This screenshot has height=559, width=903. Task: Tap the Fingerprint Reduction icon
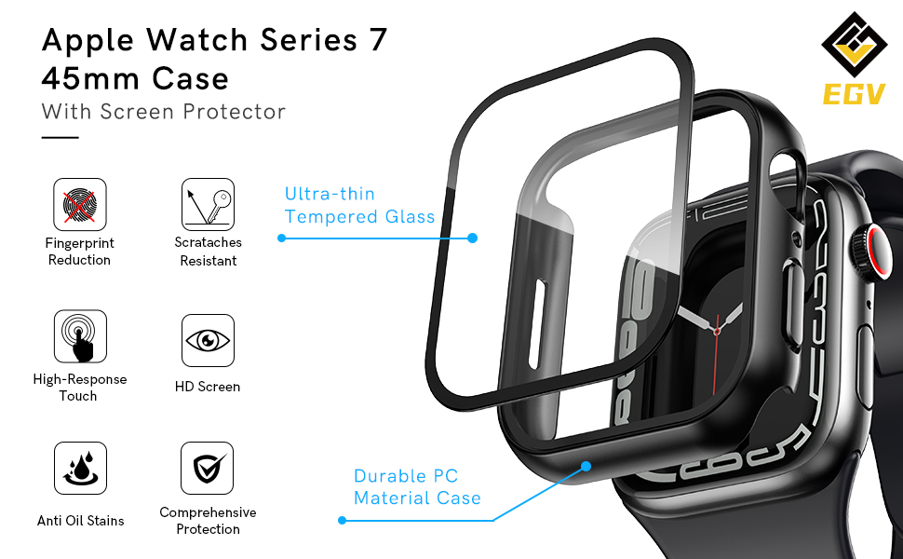79,205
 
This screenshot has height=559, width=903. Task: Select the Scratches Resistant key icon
208,205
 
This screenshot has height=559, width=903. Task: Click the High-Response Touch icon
79,336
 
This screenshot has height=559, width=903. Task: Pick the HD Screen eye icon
208,340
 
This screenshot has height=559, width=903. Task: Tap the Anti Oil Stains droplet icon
79,469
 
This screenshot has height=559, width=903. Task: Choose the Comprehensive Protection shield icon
208,469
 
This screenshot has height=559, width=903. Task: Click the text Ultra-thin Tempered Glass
359,205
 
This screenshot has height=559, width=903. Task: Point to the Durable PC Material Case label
417,487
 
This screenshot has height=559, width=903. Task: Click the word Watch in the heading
194,40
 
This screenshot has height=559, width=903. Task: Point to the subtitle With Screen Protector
163,112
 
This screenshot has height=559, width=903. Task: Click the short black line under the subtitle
60,137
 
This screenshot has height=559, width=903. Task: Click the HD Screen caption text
208,387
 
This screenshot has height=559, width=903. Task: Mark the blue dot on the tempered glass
472,239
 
